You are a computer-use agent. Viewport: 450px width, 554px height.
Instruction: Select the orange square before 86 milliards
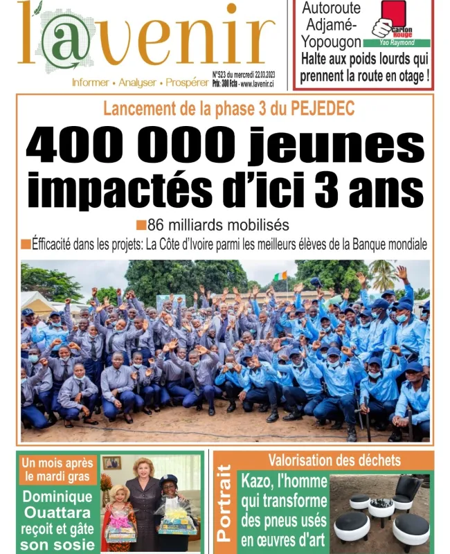click(x=141, y=225)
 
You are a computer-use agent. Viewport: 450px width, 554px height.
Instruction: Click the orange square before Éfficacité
click(x=26, y=244)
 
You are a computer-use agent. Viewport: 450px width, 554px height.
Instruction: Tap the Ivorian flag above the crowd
click(x=280, y=276)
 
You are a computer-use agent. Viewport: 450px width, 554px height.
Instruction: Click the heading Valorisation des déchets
click(x=324, y=460)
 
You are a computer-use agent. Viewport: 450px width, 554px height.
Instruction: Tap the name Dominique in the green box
click(x=57, y=497)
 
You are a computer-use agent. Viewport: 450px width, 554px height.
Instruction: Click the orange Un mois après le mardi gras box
click(x=57, y=470)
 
